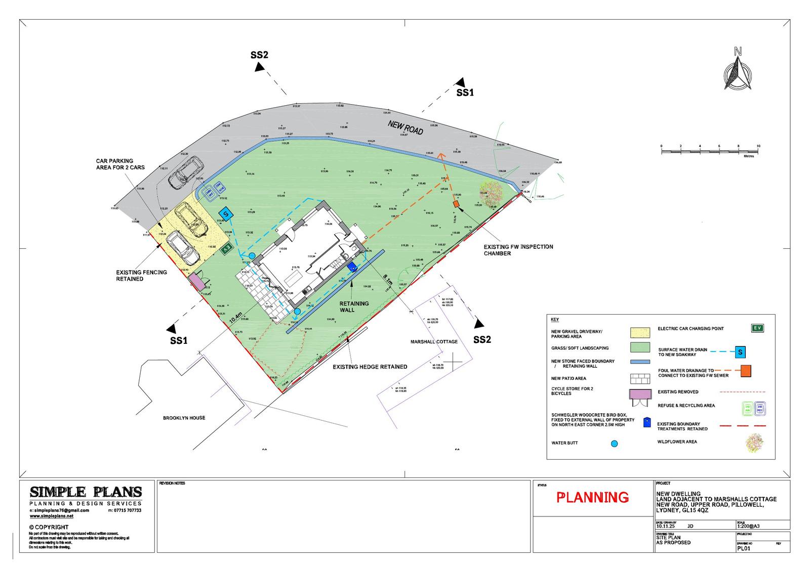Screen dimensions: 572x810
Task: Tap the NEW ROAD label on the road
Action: pyautogui.click(x=406, y=127)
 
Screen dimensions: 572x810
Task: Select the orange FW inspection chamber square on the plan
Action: pyautogui.click(x=456, y=203)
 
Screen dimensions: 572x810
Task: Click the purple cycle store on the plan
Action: pyautogui.click(x=197, y=282)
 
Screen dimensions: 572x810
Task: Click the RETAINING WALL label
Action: pyautogui.click(x=354, y=306)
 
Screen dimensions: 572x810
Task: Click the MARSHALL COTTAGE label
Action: pyautogui.click(x=434, y=341)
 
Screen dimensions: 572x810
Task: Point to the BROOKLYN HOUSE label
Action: pyautogui.click(x=184, y=418)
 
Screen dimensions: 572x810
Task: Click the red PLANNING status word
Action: pyautogui.click(x=592, y=498)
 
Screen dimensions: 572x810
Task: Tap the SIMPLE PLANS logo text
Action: pyautogui.click(x=86, y=492)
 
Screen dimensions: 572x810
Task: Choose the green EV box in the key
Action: pyautogui.click(x=757, y=328)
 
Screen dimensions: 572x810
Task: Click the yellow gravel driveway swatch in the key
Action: pyautogui.click(x=640, y=333)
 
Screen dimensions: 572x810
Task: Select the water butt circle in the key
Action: pyautogui.click(x=614, y=444)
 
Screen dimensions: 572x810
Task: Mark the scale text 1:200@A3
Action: pyautogui.click(x=749, y=525)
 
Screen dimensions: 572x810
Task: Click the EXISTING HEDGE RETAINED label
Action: pyautogui.click(x=370, y=367)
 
